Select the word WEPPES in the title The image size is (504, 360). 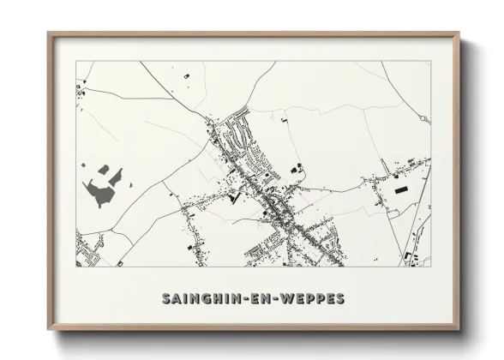[x=309, y=298]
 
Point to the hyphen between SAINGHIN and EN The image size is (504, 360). [x=237, y=298]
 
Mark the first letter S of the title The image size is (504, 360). [x=165, y=298]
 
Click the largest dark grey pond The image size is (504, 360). [x=103, y=192]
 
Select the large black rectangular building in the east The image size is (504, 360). [x=401, y=188]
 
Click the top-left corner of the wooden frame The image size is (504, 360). [x=48, y=33]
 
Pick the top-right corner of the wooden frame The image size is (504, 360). [x=459, y=33]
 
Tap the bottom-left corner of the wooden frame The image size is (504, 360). [x=48, y=331]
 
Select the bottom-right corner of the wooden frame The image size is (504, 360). [x=459, y=331]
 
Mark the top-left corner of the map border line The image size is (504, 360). [x=76, y=62]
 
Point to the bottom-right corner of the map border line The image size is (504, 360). [x=431, y=267]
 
